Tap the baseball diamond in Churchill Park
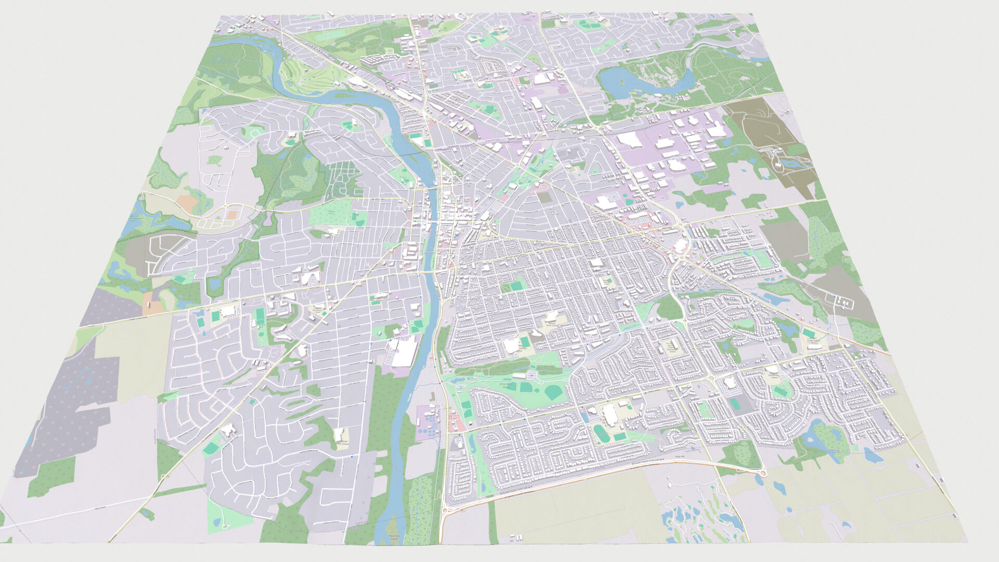(x=553, y=393)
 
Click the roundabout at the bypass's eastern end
(x=762, y=472)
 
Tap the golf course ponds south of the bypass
(x=692, y=515)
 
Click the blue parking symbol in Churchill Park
(x=530, y=374)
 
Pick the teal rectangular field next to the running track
(x=619, y=436)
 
